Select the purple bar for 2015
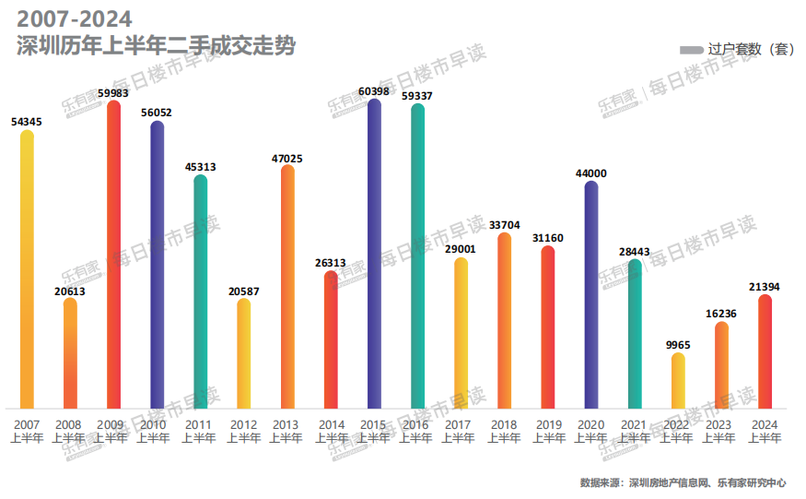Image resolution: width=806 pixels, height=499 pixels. pyautogui.click(x=374, y=254)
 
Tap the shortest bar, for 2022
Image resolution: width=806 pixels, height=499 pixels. pyautogui.click(x=679, y=381)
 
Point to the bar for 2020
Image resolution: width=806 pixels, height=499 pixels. pyautogui.click(x=591, y=295)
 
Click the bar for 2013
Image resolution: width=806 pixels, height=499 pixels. pyautogui.click(x=287, y=287)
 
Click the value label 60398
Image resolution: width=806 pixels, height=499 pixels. pyautogui.click(x=374, y=91)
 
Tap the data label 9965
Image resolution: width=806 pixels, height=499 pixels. pyautogui.click(x=678, y=345)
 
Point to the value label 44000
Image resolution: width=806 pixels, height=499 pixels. pyautogui.click(x=591, y=173)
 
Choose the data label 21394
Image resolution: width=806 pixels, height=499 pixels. pyautogui.click(x=765, y=287)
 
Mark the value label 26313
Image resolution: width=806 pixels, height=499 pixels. pyautogui.click(x=331, y=263)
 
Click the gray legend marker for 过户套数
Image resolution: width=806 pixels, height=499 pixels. pyautogui.click(x=691, y=50)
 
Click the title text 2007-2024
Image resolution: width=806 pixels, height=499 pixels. pyautogui.click(x=75, y=18)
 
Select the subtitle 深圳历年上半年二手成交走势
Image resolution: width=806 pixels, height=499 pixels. pyautogui.click(x=157, y=45)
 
